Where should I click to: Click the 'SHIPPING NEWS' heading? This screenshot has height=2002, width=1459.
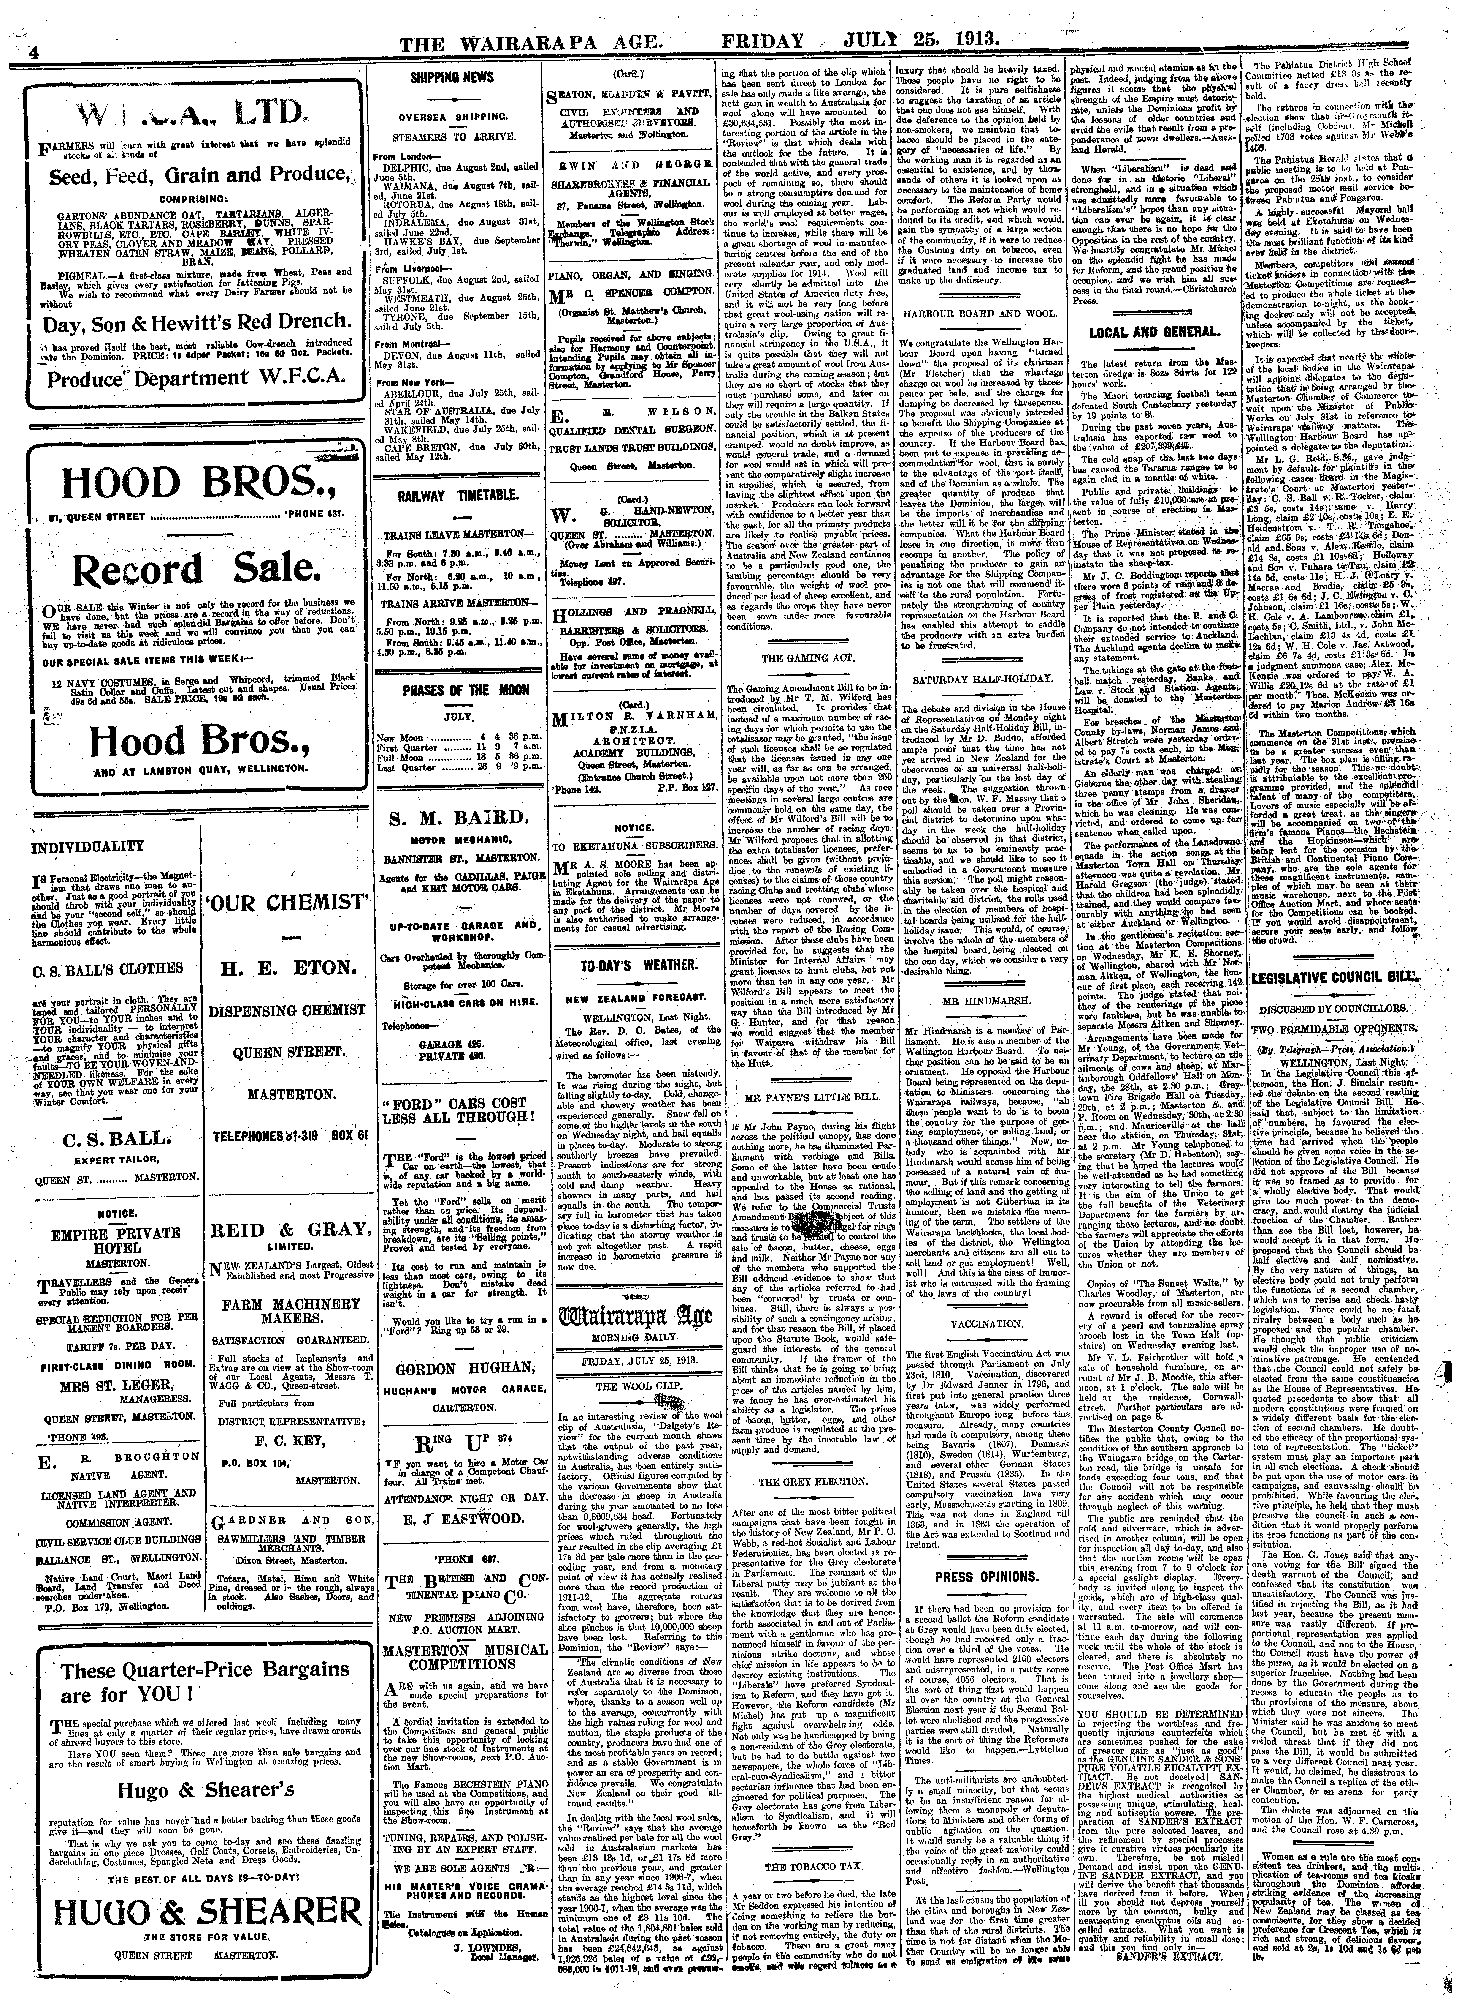(452, 78)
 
